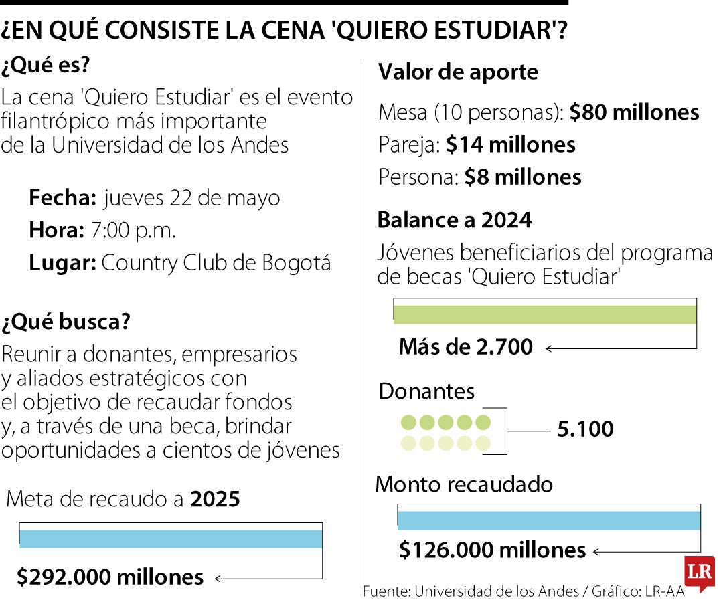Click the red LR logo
pos(699,573)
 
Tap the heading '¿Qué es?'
pos(46,66)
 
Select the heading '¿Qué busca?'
pos(66,322)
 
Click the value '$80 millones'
pos(634,112)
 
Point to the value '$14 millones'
pos(510,144)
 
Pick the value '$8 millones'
pos(522,177)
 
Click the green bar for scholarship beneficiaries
pos(545,314)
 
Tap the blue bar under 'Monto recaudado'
pos(549,520)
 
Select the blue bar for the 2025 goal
pos(171,539)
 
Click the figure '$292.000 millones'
pos(110,577)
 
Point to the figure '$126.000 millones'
pos(492,550)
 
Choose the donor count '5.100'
pos(585,429)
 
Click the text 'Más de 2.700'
pos(466,346)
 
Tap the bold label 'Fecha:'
pos(63,198)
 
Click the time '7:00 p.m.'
pos(133,231)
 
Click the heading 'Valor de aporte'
pos(459,72)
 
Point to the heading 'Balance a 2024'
pos(455,219)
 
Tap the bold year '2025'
pos(215,499)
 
